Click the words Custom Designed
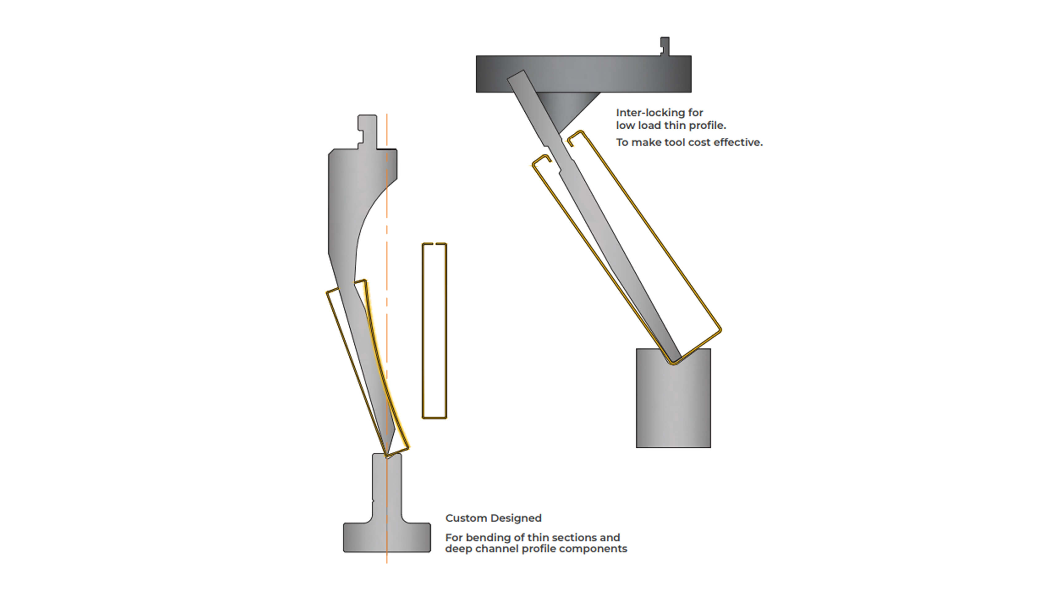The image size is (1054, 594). [493, 518]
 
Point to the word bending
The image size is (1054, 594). [487, 537]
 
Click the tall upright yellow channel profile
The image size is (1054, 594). [434, 331]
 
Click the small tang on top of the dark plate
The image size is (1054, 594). [665, 46]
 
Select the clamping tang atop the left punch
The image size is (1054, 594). [367, 131]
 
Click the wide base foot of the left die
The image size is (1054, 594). [387, 537]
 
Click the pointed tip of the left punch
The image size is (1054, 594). [387, 454]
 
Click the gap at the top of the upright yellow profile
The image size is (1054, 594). [434, 244]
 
